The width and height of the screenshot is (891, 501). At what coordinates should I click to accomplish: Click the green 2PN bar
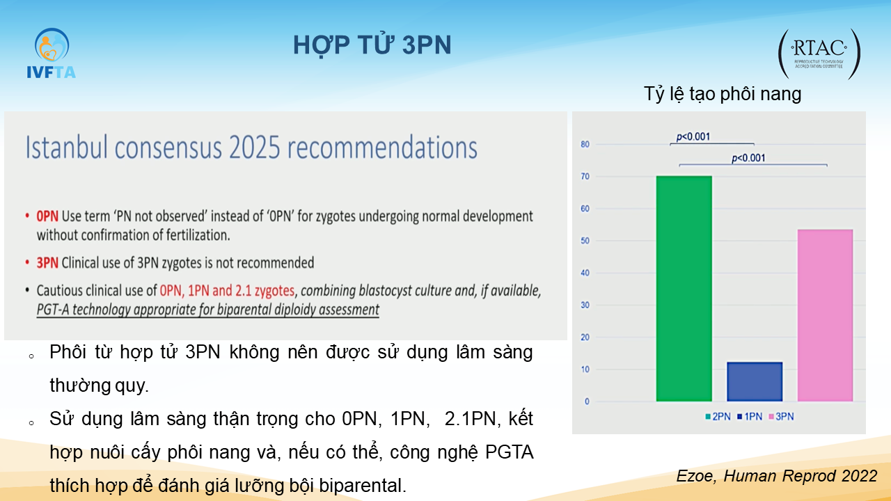pyautogui.click(x=684, y=289)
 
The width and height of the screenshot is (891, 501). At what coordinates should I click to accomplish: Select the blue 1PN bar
pyautogui.click(x=755, y=382)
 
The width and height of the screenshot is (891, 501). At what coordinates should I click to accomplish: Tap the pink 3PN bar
pyautogui.click(x=825, y=315)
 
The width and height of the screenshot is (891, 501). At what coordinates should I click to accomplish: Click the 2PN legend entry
pyautogui.click(x=718, y=417)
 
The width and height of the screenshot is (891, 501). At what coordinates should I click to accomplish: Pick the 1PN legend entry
pyautogui.click(x=750, y=417)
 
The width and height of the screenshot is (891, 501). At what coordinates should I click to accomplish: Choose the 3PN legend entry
pyautogui.click(x=782, y=417)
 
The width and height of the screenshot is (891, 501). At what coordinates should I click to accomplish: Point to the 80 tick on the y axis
pyautogui.click(x=585, y=144)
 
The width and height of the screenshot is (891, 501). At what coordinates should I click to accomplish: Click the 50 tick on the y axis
pyautogui.click(x=585, y=241)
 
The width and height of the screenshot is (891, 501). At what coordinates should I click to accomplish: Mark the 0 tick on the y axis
pyautogui.click(x=587, y=401)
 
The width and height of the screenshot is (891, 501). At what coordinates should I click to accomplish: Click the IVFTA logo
pyautogui.click(x=52, y=54)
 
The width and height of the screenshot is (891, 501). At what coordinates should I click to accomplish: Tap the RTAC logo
pyautogui.click(x=819, y=54)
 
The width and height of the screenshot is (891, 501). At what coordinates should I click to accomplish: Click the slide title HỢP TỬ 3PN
pyautogui.click(x=372, y=45)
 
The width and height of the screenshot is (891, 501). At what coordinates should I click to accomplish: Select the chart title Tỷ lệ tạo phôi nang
pyautogui.click(x=723, y=94)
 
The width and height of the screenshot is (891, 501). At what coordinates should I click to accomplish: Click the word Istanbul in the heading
pyautogui.click(x=66, y=147)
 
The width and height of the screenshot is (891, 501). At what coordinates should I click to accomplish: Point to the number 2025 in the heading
pyautogui.click(x=255, y=148)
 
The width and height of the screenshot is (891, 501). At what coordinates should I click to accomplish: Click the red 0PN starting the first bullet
pyautogui.click(x=47, y=216)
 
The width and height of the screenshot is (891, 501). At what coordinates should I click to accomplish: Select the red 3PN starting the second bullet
pyautogui.click(x=47, y=263)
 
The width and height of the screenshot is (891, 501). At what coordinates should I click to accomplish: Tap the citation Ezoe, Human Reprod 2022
pyautogui.click(x=777, y=476)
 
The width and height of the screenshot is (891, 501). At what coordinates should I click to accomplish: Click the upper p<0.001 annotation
pyautogui.click(x=693, y=137)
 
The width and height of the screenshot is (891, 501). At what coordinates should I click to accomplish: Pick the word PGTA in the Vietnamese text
pyautogui.click(x=510, y=452)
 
